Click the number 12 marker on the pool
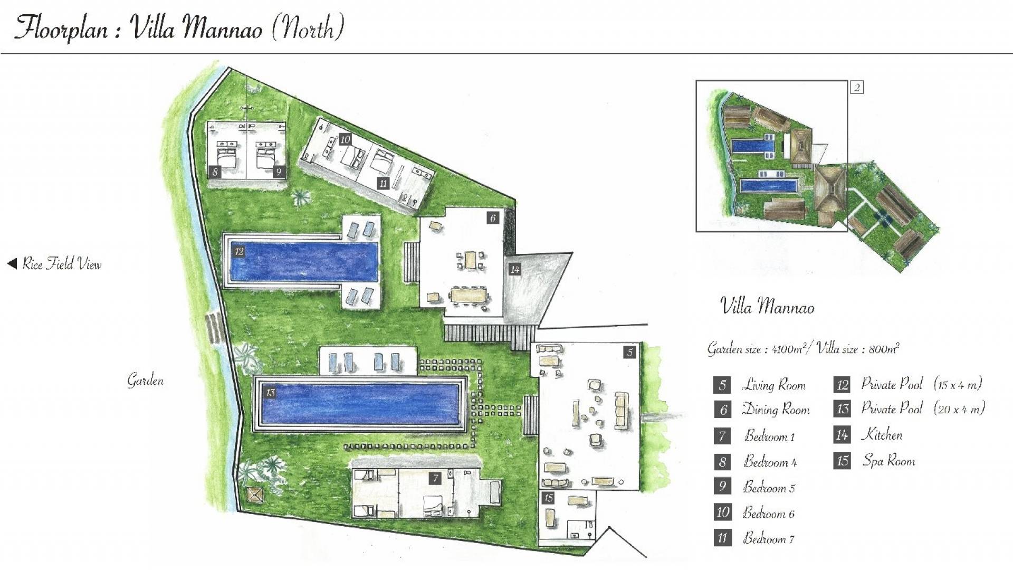[x=240, y=251]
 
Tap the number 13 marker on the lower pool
[x=271, y=392]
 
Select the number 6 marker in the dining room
[x=493, y=218]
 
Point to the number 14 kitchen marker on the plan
[x=515, y=270]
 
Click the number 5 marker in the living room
[x=629, y=352]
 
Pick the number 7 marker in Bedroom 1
[x=435, y=479]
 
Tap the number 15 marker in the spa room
[x=549, y=498]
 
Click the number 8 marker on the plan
[x=215, y=172]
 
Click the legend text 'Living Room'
[x=775, y=385]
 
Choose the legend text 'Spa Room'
[x=889, y=461]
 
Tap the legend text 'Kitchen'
[x=882, y=434]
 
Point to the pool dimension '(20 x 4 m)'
[x=959, y=408]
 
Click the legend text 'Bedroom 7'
[x=769, y=538]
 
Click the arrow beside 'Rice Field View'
[x=12, y=263]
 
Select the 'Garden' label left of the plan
[x=145, y=381]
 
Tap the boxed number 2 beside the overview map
[x=857, y=87]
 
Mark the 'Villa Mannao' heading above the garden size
[x=768, y=306]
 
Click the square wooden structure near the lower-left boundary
[x=255, y=495]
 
